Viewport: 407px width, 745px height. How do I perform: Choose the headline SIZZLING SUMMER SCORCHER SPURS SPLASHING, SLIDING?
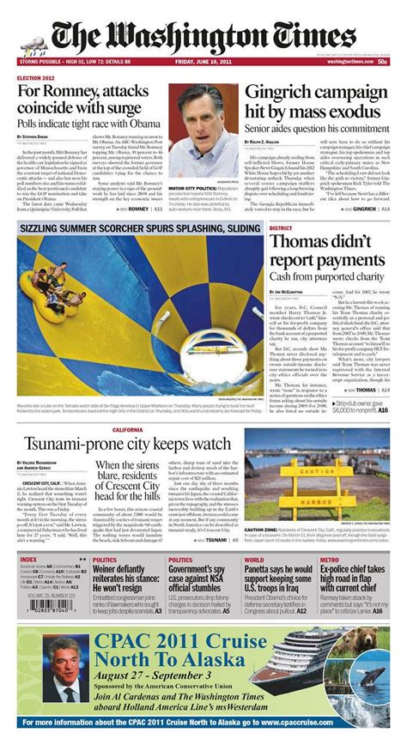click(x=142, y=229)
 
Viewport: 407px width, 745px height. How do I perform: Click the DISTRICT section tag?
click(x=281, y=228)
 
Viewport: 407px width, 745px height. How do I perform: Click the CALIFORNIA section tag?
click(x=127, y=429)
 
